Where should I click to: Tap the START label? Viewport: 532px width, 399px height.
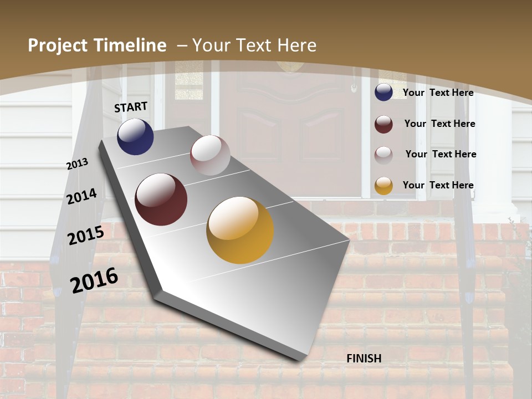131,107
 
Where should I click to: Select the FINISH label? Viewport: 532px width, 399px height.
364,359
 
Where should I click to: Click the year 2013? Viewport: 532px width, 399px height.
77,164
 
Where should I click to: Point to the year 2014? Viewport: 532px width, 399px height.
82,197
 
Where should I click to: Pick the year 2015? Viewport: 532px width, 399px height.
86,236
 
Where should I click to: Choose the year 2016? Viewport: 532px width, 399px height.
94,280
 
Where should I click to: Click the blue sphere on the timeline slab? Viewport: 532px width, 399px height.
135,137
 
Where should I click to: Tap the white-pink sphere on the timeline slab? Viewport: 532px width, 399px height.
210,155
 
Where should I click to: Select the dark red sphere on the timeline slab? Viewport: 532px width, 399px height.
161,199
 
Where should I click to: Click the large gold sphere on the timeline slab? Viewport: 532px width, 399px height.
240,230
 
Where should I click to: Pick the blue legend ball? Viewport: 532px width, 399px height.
383,93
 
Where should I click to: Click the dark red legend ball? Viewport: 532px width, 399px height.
383,124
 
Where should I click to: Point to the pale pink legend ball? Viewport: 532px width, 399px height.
383,155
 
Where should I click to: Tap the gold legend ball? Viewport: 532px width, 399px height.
383,186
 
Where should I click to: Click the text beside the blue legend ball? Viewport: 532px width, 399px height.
438,93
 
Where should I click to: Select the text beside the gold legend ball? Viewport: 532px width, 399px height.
438,185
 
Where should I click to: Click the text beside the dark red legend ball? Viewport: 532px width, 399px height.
439,124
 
